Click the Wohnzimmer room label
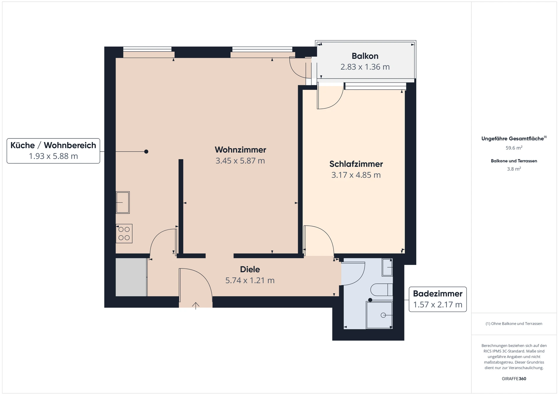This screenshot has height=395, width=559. tap(240, 150)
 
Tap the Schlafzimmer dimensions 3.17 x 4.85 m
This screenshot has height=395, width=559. tap(356, 175)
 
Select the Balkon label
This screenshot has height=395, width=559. tap(365, 56)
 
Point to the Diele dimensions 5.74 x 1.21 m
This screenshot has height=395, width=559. tap(250, 280)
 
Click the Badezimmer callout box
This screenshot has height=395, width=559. tap(438, 299)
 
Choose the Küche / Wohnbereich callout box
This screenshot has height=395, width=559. tap(53, 151)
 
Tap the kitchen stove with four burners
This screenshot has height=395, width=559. tap(124, 234)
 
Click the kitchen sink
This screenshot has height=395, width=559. tap(123, 202)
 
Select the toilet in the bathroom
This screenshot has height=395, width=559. tap(382, 290)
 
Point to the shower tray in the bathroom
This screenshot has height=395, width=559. tap(379, 315)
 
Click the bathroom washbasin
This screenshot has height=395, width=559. tap(387, 267)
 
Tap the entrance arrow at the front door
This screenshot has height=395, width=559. tap(196, 306)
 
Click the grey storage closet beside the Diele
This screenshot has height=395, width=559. tap(131, 277)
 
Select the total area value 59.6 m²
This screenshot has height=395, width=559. tap(514, 148)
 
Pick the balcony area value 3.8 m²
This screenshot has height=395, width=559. tap(514, 169)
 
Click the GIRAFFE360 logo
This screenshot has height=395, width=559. tap(514, 379)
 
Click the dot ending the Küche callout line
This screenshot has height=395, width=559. tap(146, 152)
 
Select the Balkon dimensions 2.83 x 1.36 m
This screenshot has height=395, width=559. tap(365, 67)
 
